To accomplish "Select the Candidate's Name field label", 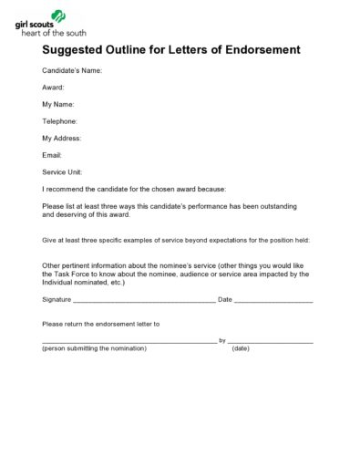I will [72, 70].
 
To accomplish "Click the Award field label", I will [54, 88].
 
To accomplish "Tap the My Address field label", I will [62, 138].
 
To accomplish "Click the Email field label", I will [52, 155].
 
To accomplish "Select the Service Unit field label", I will [62, 171].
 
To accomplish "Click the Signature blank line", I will [144, 300].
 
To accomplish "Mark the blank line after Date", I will [274, 300].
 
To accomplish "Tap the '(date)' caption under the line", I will [241, 348].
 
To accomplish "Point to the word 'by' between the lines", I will [222, 340].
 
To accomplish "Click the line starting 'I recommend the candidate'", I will [134, 189].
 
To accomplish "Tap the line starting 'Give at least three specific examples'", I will [176, 240].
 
